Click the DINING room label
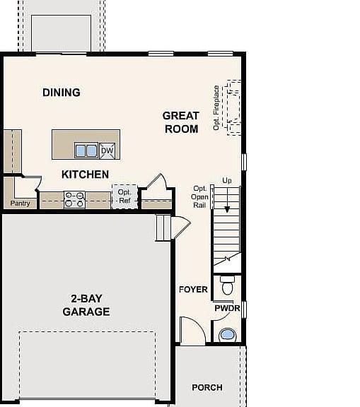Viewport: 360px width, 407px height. coord(62,93)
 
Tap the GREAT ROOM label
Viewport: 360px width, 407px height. coord(181,122)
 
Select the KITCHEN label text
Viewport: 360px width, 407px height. coord(85,175)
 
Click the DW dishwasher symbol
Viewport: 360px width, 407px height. coord(108,151)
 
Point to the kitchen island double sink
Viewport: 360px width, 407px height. coord(86,151)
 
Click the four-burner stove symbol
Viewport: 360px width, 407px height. coord(74,199)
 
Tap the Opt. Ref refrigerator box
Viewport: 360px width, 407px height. coord(124,196)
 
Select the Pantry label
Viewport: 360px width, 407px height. coord(20,203)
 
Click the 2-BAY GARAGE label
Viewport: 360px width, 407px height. coord(86,305)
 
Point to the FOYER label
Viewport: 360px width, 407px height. coord(193,290)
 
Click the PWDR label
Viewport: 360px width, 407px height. coord(227,308)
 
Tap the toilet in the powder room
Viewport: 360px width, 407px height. coord(228,285)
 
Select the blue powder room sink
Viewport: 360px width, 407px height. coord(228,335)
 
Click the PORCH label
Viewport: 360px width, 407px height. coord(207,387)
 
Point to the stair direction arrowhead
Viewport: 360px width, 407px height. coord(227,209)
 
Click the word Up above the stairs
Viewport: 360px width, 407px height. coord(227,181)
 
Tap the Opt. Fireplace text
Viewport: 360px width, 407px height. coord(216,107)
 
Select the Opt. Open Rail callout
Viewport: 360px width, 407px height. coord(199,196)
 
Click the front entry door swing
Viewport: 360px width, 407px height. coord(193,331)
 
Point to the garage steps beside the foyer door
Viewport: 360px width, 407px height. coord(163,228)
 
